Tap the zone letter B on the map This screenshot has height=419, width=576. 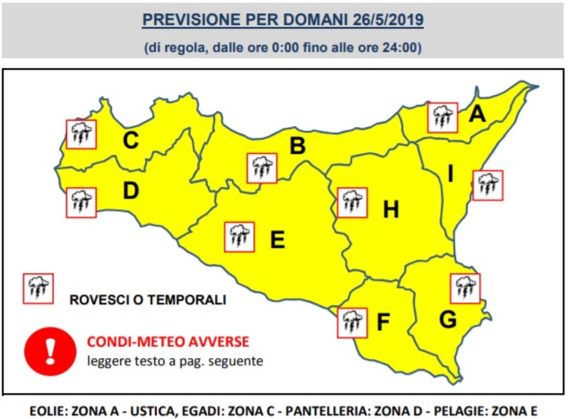tap(298, 146)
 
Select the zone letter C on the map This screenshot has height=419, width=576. tap(131, 141)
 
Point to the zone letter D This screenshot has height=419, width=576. tap(131, 191)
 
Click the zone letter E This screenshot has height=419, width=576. tap(277, 239)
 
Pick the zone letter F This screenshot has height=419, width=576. tap(383, 323)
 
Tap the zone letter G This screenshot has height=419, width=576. tap(448, 320)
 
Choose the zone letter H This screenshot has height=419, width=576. tap(391, 209)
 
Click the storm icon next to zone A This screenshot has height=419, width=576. tap(443, 117)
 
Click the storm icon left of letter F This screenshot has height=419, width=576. tap(352, 323)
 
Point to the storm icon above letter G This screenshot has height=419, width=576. tap(465, 288)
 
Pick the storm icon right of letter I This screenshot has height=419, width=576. tap(488, 185)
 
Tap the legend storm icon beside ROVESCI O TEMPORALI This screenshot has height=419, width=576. tap(38, 288)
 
